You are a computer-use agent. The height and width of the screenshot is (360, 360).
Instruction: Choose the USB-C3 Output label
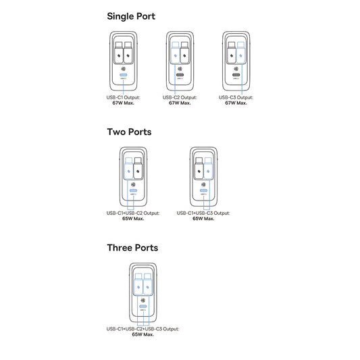click(238, 97)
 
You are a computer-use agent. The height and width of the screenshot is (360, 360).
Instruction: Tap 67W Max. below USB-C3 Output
click(238, 103)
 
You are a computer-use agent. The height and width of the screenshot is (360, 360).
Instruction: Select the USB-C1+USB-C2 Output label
click(133, 213)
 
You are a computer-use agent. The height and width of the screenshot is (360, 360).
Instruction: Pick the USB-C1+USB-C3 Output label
click(203, 213)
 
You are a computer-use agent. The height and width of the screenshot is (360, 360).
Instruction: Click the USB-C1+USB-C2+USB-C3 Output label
click(143, 329)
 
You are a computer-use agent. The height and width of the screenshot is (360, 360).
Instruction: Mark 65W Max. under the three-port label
click(143, 334)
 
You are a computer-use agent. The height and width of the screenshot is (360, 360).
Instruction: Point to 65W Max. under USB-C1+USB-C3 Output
click(203, 218)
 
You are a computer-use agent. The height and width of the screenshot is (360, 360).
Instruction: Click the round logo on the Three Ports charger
click(143, 300)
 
